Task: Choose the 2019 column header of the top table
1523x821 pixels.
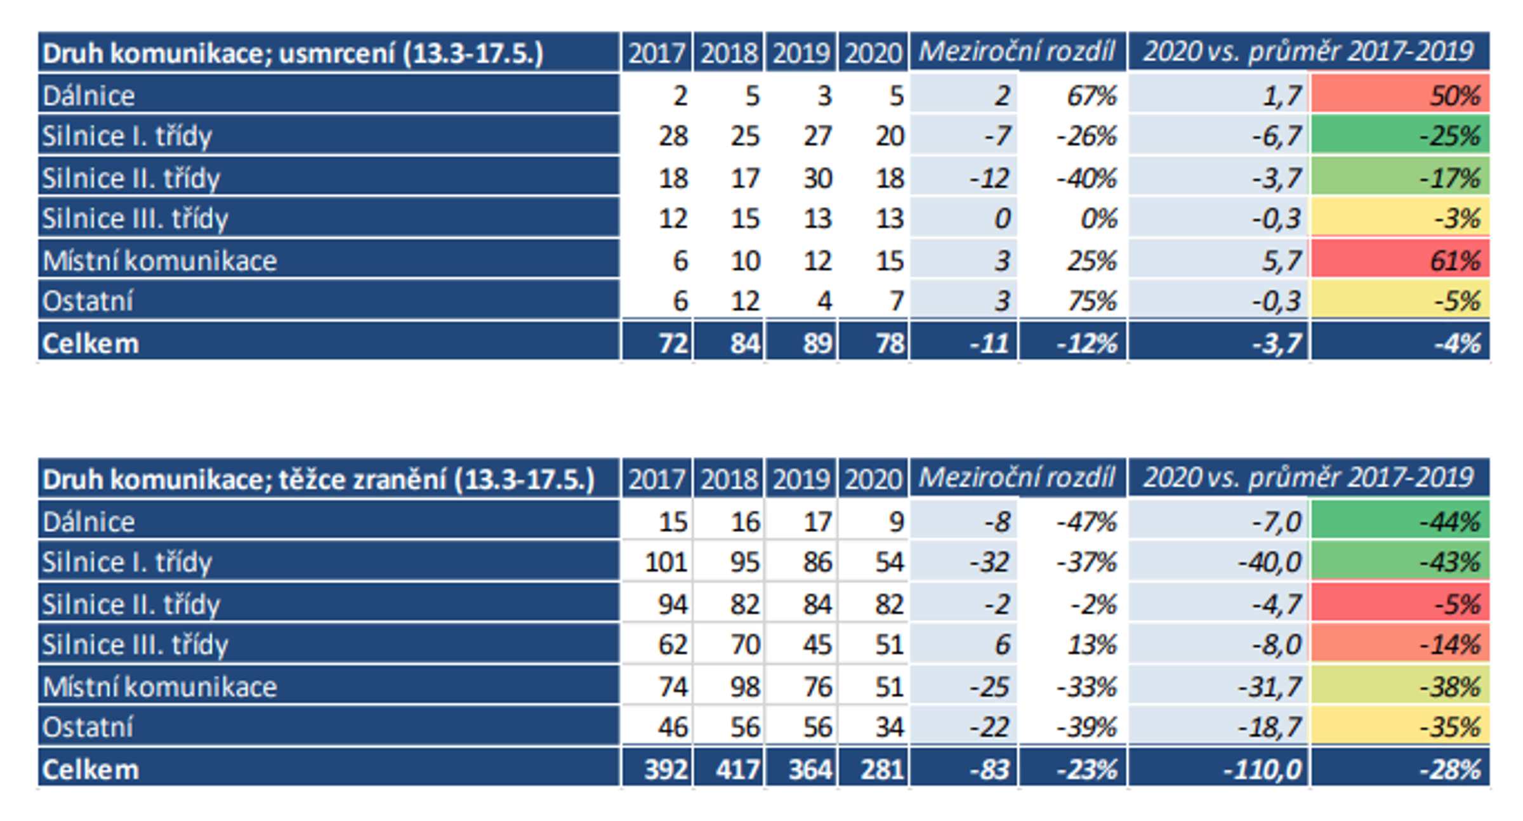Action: (x=801, y=53)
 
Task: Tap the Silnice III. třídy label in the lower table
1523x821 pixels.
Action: (x=135, y=644)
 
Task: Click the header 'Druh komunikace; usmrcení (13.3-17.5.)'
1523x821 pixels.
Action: (x=292, y=53)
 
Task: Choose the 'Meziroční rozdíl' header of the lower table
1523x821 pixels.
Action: (x=1017, y=477)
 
